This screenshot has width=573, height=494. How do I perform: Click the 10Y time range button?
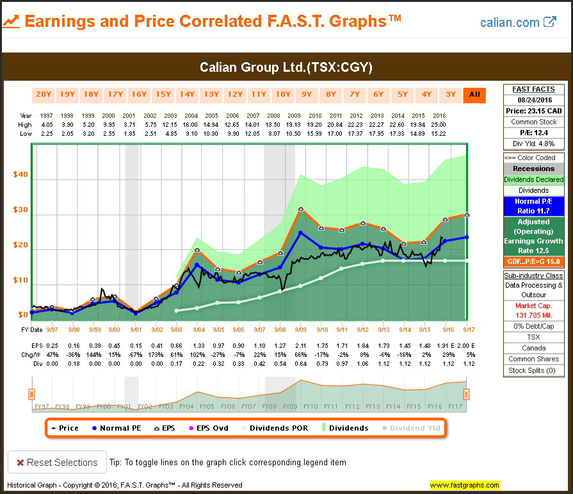(283, 95)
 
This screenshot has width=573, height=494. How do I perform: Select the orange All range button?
(474, 95)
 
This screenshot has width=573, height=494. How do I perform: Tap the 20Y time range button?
(44, 95)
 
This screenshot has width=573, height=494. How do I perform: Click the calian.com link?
(518, 22)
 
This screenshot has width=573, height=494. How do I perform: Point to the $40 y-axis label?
(21, 175)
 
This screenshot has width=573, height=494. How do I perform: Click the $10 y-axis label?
(21, 281)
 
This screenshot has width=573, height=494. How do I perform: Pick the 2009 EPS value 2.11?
(301, 346)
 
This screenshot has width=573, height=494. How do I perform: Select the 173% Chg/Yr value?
(156, 354)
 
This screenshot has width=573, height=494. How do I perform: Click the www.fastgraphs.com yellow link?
(464, 485)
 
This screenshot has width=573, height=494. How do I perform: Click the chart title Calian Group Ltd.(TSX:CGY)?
(286, 67)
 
